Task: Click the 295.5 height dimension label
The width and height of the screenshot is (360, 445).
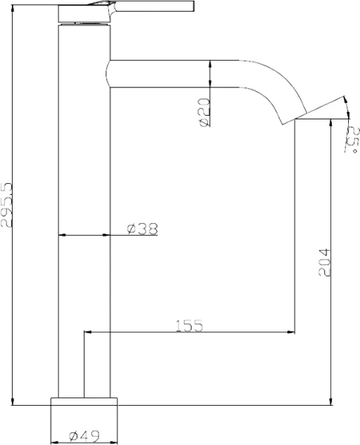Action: click(7, 205)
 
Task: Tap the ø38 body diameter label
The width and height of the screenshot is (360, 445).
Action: click(143, 228)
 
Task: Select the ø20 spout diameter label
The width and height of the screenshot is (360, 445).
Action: click(205, 112)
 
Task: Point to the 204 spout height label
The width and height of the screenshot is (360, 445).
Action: click(325, 263)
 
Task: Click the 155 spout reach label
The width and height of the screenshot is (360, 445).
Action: click(189, 326)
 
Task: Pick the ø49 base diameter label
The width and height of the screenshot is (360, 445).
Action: click(85, 436)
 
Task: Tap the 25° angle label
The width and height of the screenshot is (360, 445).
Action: click(352, 139)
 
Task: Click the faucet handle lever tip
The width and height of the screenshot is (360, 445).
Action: click(194, 6)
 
